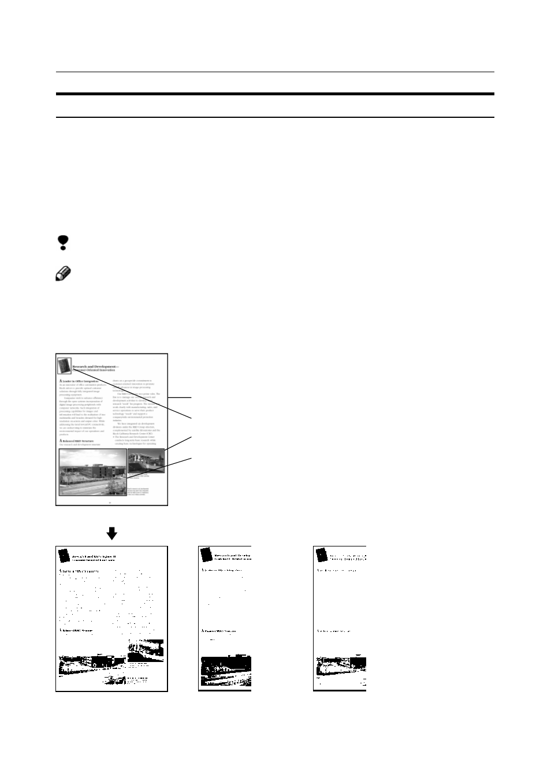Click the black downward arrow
pos(111,533)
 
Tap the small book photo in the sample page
pos(64,366)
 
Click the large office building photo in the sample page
pos(93,472)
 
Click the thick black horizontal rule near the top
pos(275,94)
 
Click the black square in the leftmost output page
pos(64,556)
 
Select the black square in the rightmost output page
pos(322,555)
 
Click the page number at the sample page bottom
pos(111,502)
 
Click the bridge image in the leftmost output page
pos(146,650)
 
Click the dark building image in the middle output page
pos(225,670)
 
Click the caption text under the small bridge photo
pos(139,477)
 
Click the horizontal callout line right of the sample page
pos(180,397)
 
